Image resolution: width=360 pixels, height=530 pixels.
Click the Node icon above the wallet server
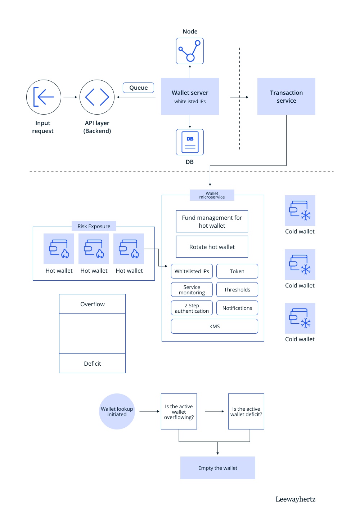(190, 51)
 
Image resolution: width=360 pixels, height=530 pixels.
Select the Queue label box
(139, 88)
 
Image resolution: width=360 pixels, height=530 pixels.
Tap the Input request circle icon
(44, 97)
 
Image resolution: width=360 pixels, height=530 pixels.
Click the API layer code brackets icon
(97, 97)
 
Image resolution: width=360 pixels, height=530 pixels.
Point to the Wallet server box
(190, 97)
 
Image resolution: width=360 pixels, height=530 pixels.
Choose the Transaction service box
(286, 97)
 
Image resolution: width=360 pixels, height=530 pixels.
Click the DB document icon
(190, 142)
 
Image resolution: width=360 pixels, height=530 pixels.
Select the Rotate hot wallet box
(212, 247)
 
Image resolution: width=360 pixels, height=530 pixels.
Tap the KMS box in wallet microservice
(214, 326)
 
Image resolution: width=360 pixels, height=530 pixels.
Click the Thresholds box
(237, 290)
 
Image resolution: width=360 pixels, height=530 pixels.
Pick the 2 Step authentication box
(192, 308)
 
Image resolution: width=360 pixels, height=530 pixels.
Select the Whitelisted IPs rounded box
(192, 271)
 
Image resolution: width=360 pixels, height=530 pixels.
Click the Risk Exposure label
(94, 226)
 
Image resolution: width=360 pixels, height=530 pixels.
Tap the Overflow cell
(93, 304)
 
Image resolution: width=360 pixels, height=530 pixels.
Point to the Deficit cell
(93, 364)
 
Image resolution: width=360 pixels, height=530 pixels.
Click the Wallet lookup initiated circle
(117, 411)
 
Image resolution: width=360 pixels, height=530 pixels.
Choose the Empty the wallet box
(217, 468)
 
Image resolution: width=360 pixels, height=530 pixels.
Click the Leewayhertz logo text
(295, 499)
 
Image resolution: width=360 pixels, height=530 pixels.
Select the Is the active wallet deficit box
(246, 411)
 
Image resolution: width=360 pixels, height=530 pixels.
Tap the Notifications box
(237, 308)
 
